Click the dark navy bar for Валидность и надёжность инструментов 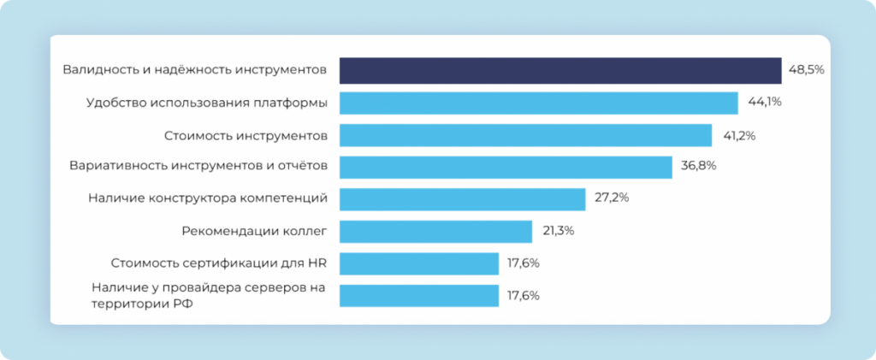click(x=560, y=70)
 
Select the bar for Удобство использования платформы click(x=539, y=103)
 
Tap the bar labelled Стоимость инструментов click(x=526, y=135)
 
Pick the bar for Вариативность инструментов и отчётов click(x=506, y=167)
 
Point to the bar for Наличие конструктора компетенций click(x=462, y=198)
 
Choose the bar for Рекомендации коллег click(x=436, y=231)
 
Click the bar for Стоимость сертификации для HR click(x=419, y=263)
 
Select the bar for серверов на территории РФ click(x=419, y=295)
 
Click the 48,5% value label click(x=806, y=70)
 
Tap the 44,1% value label click(x=765, y=103)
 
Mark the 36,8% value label click(x=699, y=167)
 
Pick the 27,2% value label click(x=612, y=198)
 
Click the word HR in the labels click(x=318, y=263)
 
